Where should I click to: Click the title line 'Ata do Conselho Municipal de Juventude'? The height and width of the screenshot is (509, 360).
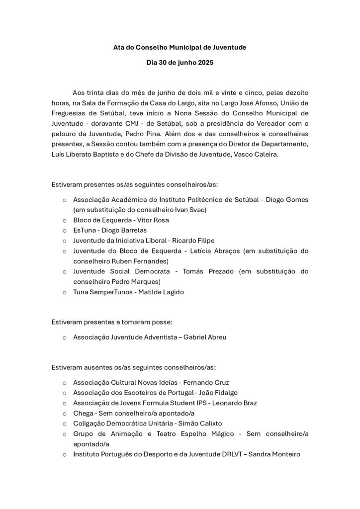coord(180,47)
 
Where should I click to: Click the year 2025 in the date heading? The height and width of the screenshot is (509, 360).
coord(205,63)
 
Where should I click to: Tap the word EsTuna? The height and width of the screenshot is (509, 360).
coord(85,230)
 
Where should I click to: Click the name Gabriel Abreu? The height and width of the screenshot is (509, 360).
coord(205,337)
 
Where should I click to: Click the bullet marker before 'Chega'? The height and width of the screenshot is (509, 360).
coord(65,413)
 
